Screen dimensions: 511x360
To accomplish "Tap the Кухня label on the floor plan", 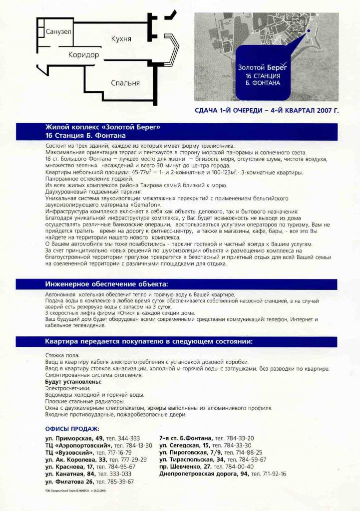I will point(121,39).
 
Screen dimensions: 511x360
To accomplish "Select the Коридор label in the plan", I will point(83,55).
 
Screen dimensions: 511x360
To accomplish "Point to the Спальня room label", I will point(125,83).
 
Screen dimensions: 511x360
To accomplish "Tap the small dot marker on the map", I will point(309,31).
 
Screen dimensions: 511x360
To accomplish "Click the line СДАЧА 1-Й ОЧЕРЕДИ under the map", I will point(266,110).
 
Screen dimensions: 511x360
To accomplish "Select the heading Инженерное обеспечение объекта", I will point(107,284).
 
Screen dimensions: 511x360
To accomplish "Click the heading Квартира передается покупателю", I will point(149,342).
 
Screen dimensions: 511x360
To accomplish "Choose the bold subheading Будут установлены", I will point(73,382).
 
